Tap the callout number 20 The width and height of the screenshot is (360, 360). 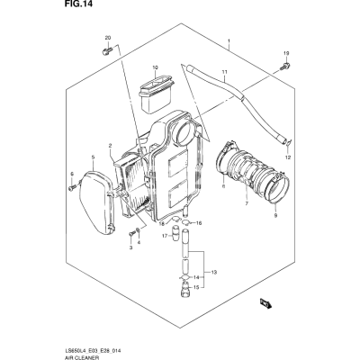tap(108, 38)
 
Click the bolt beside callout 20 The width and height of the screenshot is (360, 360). tap(107, 50)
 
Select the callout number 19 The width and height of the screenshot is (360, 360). tap(286, 53)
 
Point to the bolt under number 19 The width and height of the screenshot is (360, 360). tap(285, 66)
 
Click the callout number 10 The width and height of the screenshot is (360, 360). tap(155, 67)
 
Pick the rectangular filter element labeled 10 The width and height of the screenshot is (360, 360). tap(156, 94)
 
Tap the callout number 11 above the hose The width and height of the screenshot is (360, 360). tap(224, 72)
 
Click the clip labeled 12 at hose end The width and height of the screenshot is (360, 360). tap(287, 144)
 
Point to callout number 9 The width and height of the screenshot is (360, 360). tap(275, 215)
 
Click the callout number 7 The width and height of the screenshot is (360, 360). tap(247, 203)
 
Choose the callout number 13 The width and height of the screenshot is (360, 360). tap(213, 273)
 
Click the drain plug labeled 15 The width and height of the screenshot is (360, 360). tap(184, 288)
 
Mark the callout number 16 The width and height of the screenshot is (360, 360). tap(199, 223)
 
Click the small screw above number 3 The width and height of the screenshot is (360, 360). tap(130, 232)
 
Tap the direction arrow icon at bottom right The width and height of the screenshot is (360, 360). tap(265, 302)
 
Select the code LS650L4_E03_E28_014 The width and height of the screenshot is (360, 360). tap(94, 351)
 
